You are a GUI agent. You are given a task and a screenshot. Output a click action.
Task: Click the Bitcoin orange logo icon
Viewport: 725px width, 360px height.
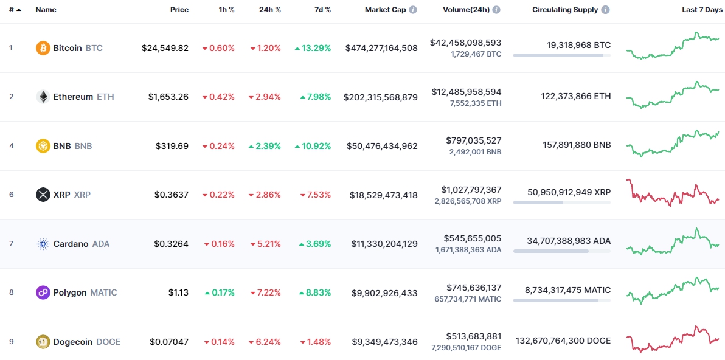43,48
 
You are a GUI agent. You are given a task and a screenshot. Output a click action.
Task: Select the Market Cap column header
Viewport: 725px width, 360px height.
385,10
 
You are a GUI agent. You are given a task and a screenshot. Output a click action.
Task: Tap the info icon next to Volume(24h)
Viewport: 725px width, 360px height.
496,10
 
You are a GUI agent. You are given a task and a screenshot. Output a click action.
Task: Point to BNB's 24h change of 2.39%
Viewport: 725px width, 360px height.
265,146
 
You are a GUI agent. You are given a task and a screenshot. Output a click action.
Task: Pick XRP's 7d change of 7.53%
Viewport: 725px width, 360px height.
315,195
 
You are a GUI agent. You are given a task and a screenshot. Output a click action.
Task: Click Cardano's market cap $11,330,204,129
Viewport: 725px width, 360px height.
384,244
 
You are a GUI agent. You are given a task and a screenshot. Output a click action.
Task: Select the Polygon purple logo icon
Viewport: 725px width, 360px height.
43,292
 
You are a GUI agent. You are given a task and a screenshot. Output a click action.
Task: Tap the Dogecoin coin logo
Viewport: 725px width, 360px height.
43,342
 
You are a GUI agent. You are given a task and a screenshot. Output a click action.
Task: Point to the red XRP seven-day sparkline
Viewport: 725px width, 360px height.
672,193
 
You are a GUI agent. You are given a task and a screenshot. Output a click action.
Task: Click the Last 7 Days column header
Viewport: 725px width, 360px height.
702,10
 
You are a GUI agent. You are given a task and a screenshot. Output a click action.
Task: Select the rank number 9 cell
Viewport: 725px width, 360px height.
11,342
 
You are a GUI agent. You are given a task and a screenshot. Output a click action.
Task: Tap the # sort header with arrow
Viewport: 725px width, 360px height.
15,10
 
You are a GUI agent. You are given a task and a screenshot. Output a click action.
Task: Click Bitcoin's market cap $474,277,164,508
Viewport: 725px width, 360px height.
381,48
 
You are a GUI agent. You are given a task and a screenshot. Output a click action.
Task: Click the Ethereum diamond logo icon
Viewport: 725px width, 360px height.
43,97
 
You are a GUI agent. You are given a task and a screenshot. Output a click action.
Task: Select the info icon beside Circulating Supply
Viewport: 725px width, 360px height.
605,10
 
